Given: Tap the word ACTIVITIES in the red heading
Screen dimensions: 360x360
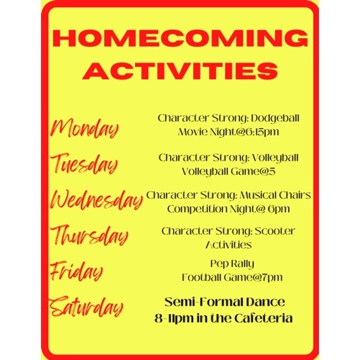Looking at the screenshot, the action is (180, 71).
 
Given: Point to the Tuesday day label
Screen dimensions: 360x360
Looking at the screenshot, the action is (84, 164).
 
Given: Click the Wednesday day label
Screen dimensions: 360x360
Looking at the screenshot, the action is (97, 200).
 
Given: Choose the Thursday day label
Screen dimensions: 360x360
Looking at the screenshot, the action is (89, 236).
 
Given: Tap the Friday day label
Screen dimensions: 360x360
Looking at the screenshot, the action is (76, 271).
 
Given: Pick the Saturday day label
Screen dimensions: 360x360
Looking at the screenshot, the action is (86, 307).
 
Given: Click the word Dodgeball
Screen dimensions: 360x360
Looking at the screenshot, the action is (275, 119).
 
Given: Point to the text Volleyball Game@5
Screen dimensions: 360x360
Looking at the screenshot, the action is (229, 172).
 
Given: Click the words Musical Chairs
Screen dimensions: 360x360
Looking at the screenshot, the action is (275, 195).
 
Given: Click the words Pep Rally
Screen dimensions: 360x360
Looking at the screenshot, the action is (232, 264).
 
